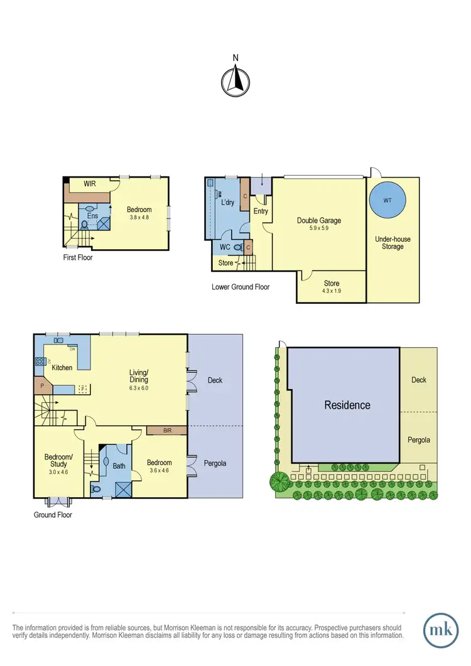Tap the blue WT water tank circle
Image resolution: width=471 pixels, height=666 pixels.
pyautogui.click(x=386, y=201)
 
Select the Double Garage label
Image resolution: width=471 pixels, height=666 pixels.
pyautogui.click(x=319, y=220)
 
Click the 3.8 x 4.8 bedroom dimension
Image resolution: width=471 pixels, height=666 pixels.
pyautogui.click(x=139, y=218)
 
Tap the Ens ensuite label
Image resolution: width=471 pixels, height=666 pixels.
pyautogui.click(x=93, y=215)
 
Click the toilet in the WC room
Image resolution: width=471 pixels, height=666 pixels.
pyautogui.click(x=236, y=247)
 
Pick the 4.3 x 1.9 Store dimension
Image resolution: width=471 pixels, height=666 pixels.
pyautogui.click(x=331, y=291)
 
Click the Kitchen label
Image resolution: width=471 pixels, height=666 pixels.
pyautogui.click(x=62, y=367)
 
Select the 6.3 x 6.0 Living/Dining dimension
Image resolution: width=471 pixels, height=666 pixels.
pyautogui.click(x=139, y=388)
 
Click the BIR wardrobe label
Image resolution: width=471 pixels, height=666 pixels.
pyautogui.click(x=166, y=431)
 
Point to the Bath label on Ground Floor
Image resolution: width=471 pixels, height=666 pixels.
pyautogui.click(x=118, y=465)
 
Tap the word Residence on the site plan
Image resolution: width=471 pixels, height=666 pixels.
pyautogui.click(x=347, y=405)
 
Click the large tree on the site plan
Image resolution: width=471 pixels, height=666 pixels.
pyautogui.click(x=280, y=482)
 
